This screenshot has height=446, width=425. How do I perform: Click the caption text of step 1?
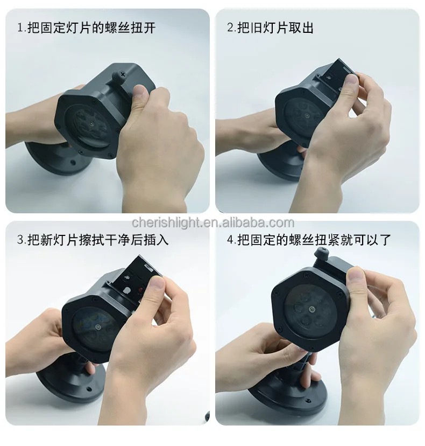coord(87,28)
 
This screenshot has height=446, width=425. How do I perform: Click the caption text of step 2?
coord(270,28)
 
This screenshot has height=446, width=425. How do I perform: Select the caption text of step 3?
coord(93,240)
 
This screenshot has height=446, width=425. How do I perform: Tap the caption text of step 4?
coord(309,240)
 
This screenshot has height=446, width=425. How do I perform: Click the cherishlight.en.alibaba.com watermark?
coord(213,222)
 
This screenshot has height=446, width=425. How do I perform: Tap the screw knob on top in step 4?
coord(322,253)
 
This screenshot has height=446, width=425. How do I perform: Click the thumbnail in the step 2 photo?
coord(351,81)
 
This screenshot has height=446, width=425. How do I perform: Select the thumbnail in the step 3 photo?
coord(157,283)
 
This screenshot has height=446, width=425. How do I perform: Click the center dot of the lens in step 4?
coord(313,309)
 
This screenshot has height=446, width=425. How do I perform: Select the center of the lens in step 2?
coord(307,116)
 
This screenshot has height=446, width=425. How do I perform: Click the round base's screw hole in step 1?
coord(73,164)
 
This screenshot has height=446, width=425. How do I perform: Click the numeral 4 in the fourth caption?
coord(230,240)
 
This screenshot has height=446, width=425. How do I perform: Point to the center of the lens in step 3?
coord(98,326)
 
